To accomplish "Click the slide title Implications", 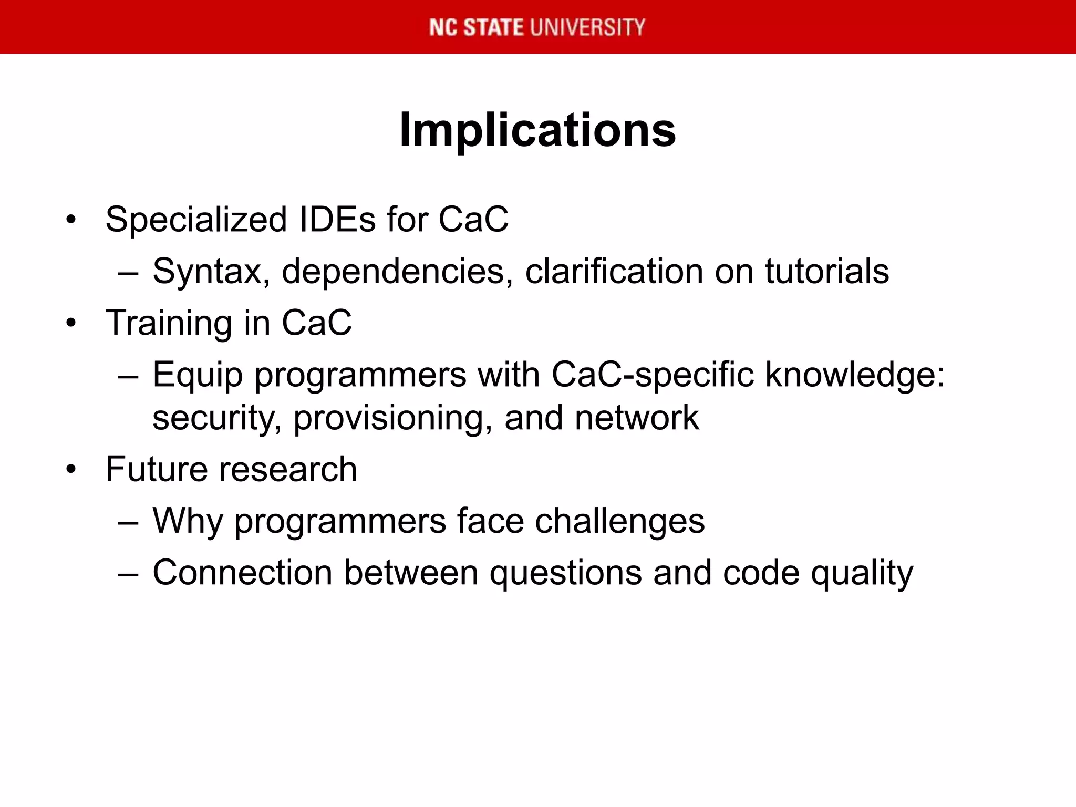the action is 537,130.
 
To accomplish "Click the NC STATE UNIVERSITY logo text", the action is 537,27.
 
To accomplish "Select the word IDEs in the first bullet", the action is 337,219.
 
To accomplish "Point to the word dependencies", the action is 397,272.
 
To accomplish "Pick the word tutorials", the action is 826,272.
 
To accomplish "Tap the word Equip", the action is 198,376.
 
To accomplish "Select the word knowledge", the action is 854,376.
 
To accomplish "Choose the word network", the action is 637,418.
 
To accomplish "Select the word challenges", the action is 620,522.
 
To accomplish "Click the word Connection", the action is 242,573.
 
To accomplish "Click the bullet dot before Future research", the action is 71,469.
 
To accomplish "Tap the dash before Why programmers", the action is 128,523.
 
